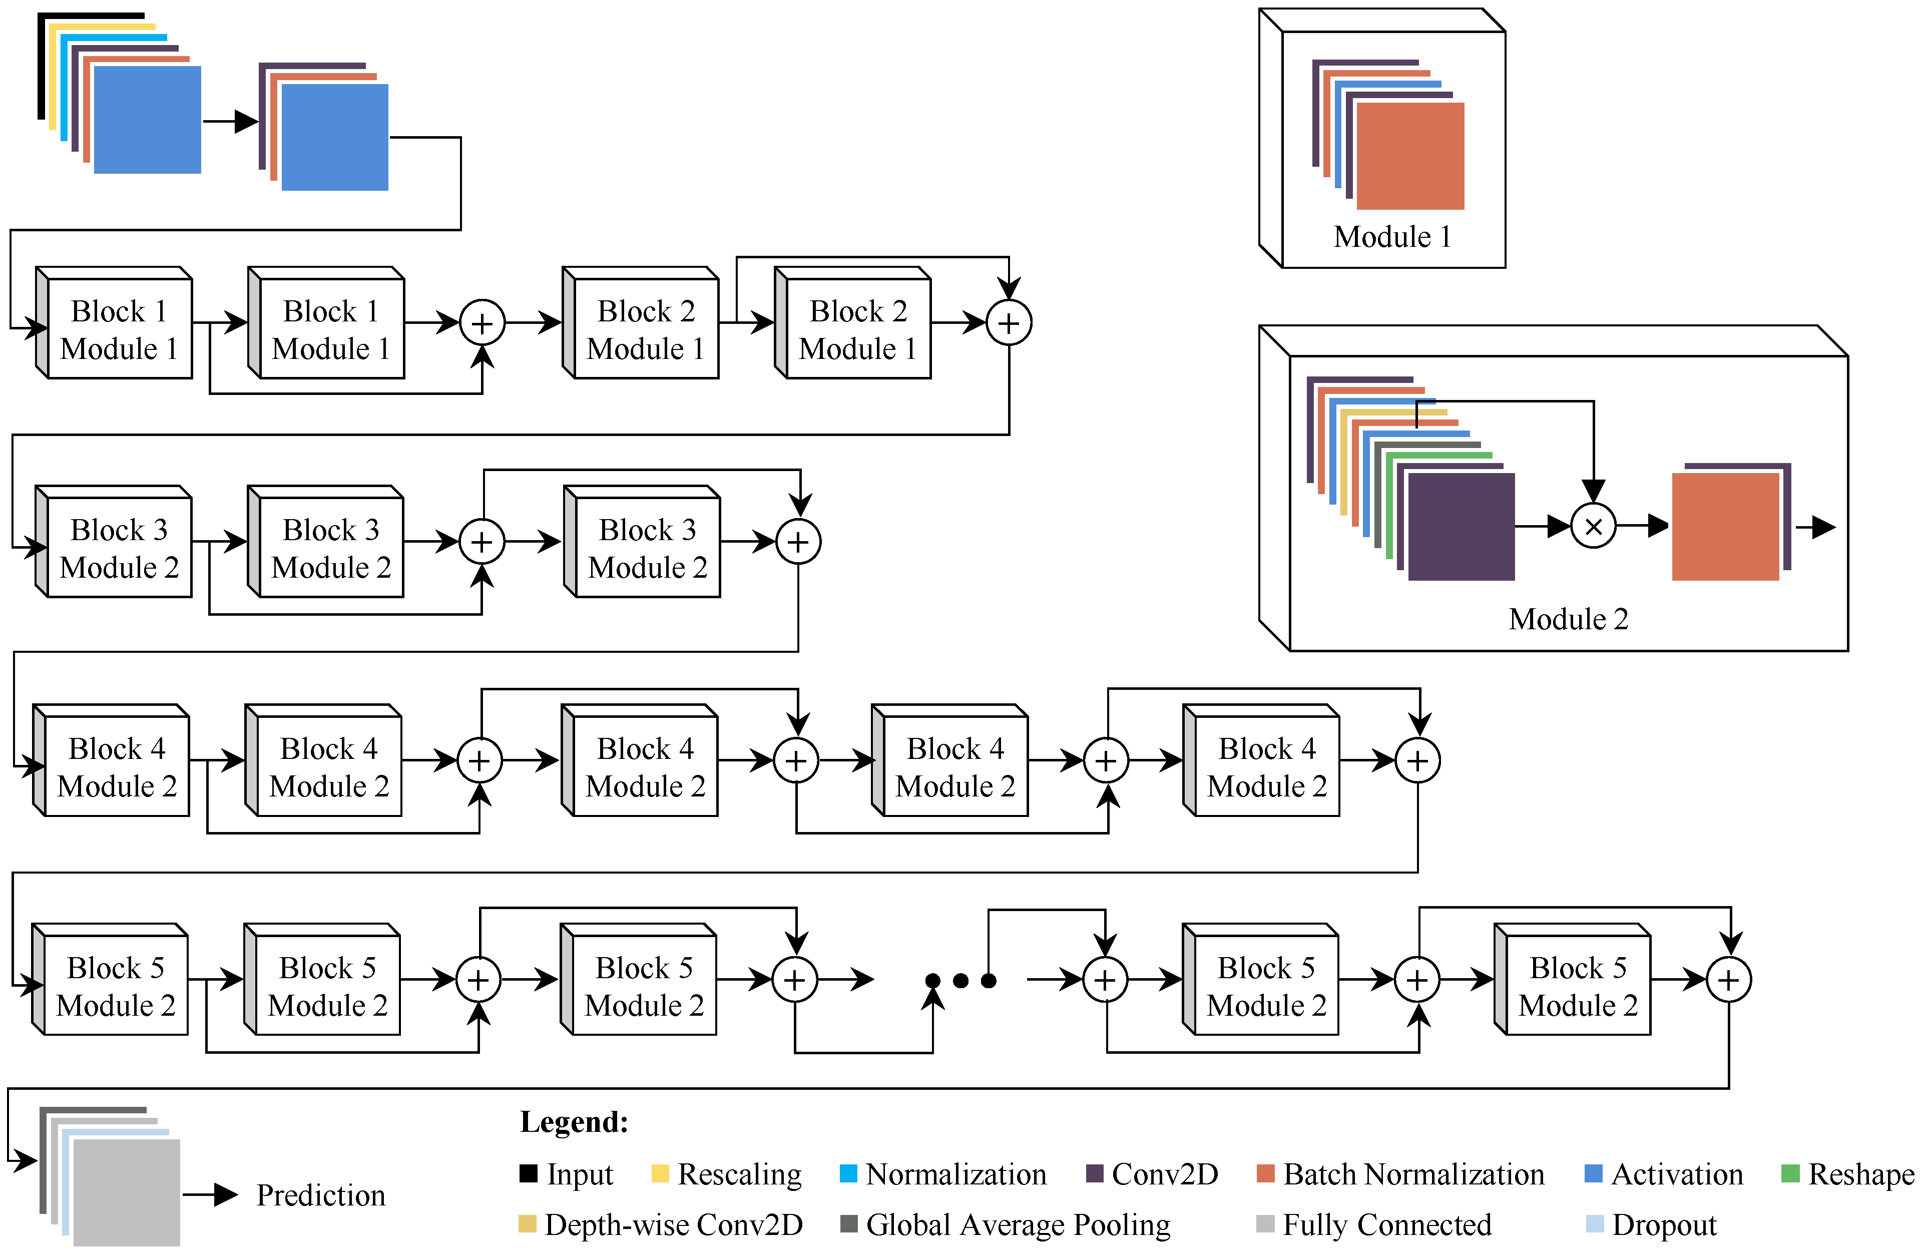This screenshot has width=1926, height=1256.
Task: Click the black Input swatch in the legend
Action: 529,1173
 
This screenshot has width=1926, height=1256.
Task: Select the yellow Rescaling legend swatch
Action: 660,1173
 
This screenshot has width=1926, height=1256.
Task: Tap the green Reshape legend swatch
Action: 1790,1173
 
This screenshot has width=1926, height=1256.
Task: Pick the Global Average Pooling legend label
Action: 1018,1224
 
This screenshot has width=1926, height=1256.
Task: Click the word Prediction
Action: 320,1195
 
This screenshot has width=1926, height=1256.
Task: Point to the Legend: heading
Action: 574,1122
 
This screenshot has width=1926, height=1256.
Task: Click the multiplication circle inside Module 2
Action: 1593,527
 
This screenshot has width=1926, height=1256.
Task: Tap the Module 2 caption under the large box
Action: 1568,619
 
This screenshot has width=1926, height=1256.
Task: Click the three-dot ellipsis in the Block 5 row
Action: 960,981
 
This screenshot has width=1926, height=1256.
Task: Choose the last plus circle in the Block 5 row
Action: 1728,980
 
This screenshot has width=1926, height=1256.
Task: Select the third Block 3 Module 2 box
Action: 647,548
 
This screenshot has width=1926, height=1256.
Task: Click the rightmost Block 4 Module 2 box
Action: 1266,766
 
